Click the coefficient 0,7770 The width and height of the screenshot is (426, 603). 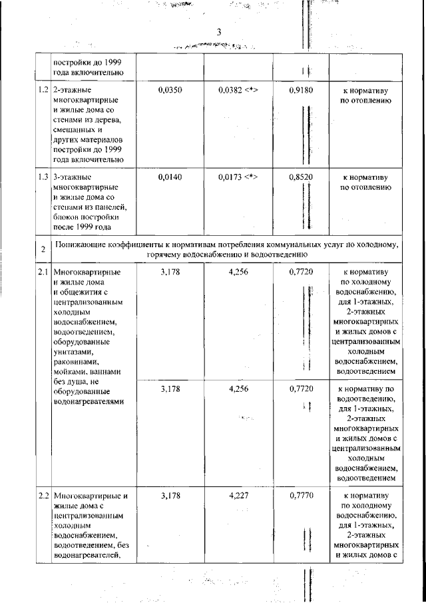pos(301,496)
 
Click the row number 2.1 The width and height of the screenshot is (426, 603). pos(43,272)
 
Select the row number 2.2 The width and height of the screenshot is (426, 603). pos(43,496)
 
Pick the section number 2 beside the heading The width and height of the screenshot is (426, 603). pos(43,250)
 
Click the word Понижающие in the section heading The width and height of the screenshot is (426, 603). pos(83,245)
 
